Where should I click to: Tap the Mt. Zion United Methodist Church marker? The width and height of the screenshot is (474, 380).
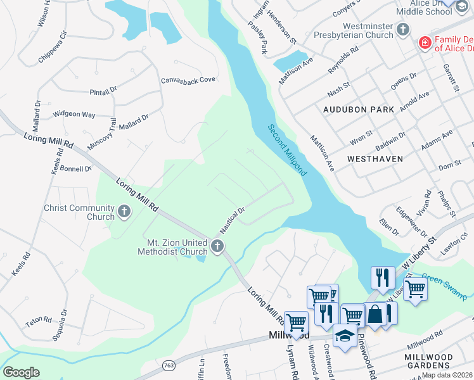tap(217, 246)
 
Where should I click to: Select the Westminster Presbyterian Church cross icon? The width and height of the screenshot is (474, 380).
tap(402, 30)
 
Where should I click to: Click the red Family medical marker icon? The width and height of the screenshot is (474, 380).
tap(425, 44)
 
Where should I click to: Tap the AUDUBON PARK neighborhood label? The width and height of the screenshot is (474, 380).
tap(359, 110)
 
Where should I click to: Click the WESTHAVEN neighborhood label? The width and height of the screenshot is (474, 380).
tap(375, 158)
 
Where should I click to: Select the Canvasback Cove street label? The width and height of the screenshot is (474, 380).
tap(188, 80)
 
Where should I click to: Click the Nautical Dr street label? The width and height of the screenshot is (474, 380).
tap(233, 218)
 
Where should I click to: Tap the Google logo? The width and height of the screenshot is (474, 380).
tap(21, 372)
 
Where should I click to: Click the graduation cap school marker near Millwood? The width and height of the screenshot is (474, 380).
tap(344, 336)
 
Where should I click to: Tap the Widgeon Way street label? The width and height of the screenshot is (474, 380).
tap(74, 115)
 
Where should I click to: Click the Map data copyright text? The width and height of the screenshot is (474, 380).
tap(447, 375)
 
